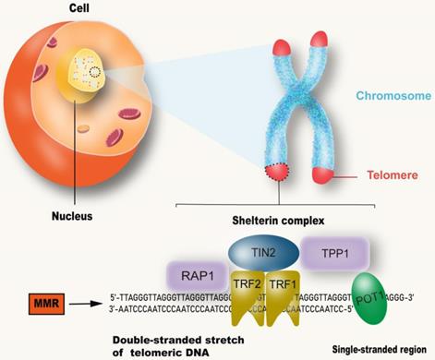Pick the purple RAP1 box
195,273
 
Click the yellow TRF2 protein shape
241,301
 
